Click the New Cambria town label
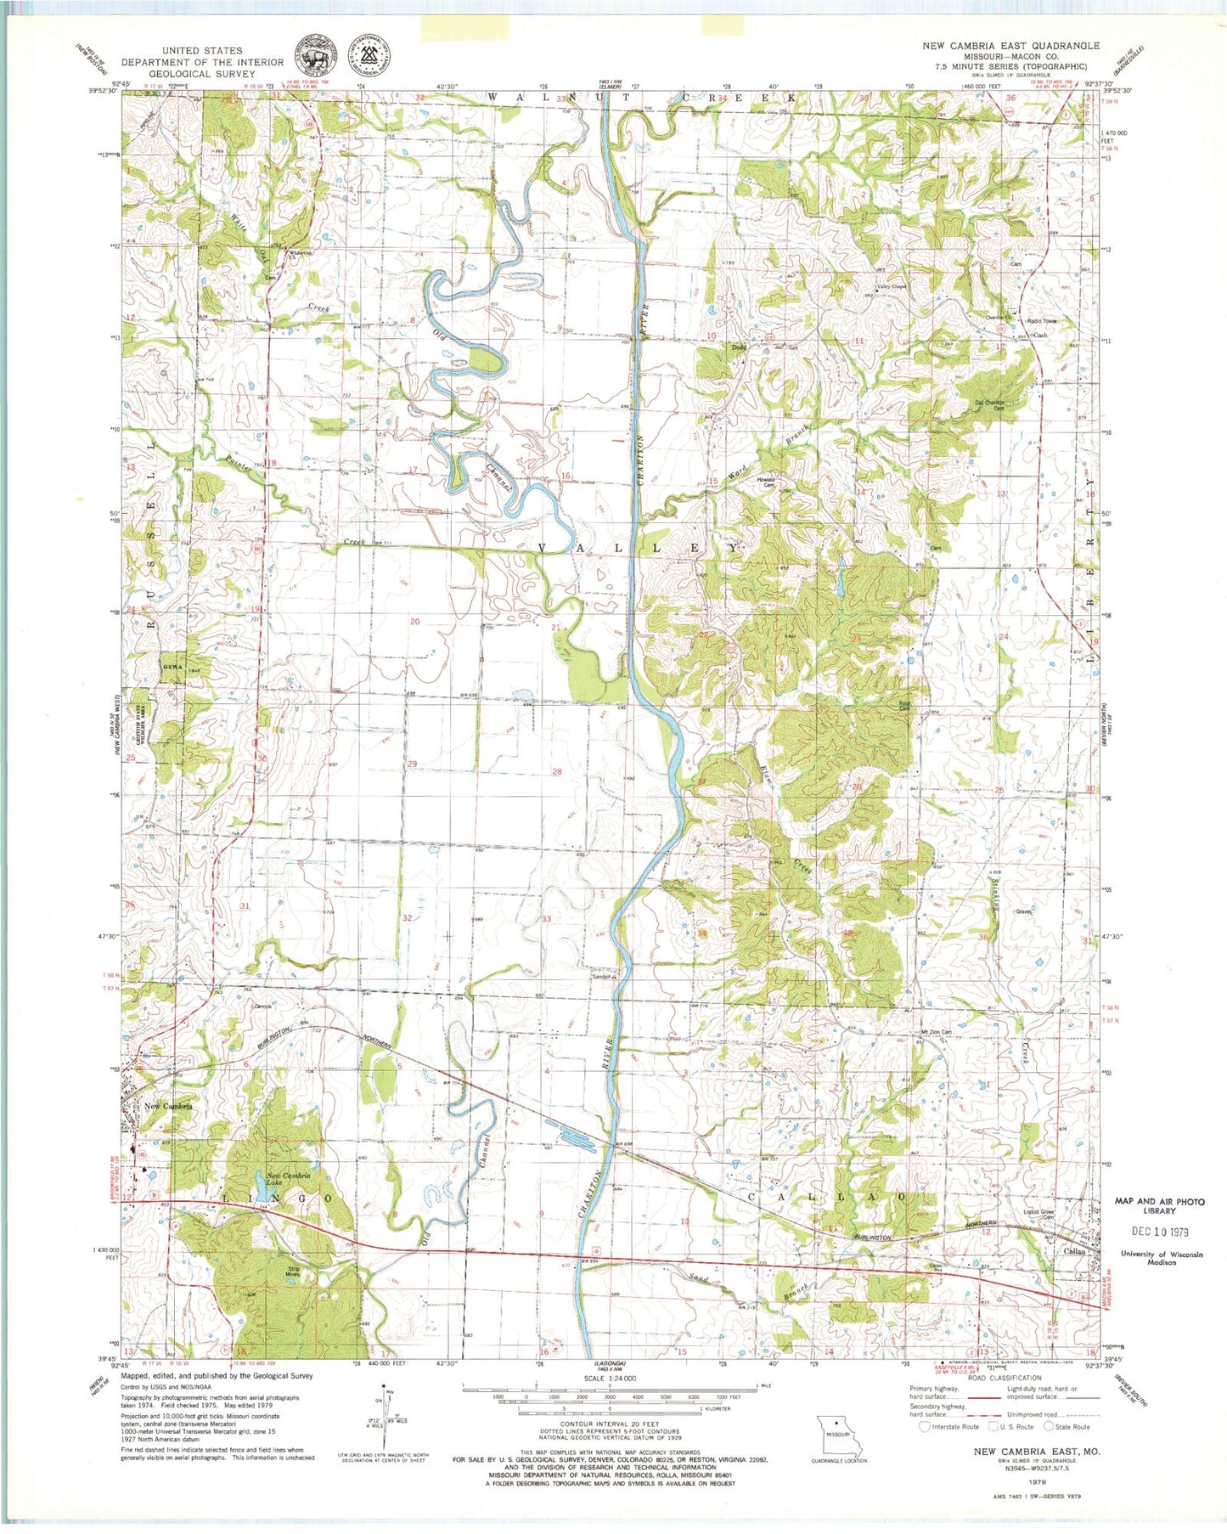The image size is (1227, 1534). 168,1106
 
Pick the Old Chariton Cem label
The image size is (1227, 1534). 988,405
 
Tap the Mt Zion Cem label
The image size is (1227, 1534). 936,1033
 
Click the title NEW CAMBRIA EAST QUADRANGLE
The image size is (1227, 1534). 1010,46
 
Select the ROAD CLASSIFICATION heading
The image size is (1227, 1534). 1003,1378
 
